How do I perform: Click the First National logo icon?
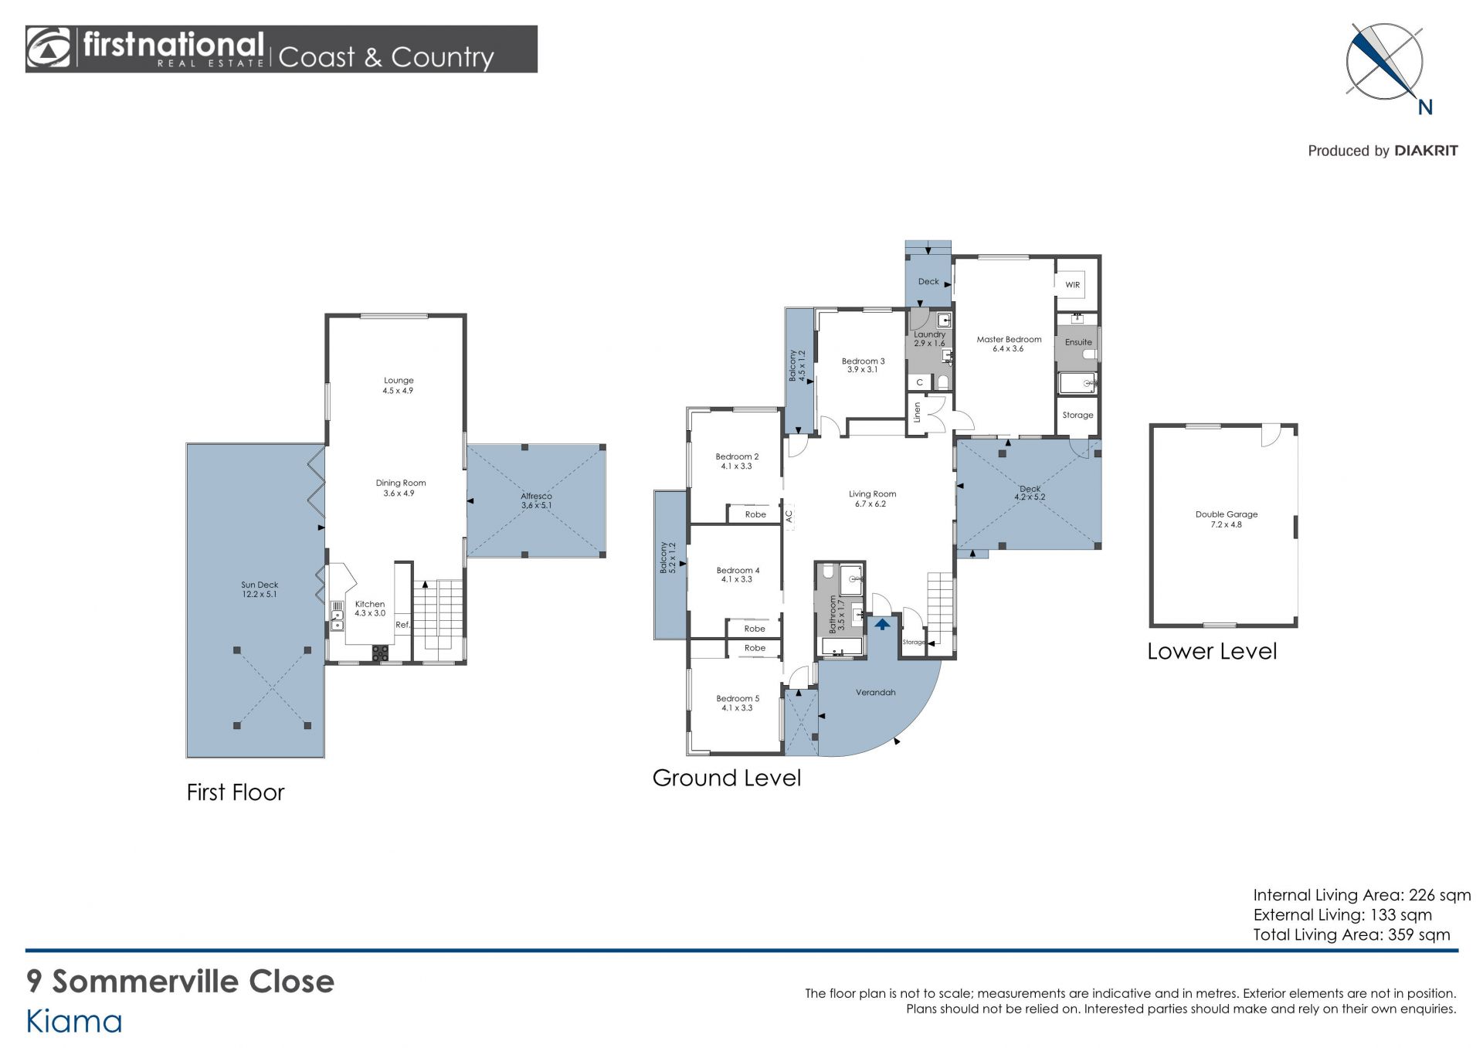(x=48, y=48)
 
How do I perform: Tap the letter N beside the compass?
(x=1425, y=107)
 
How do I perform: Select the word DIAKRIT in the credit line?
(x=1426, y=151)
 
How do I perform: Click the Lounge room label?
(x=399, y=381)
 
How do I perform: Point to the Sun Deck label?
(x=260, y=585)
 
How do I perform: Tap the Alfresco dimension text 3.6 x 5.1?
(x=536, y=506)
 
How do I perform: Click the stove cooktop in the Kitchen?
(x=381, y=653)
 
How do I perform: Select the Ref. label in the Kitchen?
(x=402, y=625)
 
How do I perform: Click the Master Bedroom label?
(x=1009, y=339)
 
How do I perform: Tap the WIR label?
(x=1073, y=285)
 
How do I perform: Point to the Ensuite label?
(x=1078, y=342)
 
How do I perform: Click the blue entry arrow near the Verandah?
(x=882, y=623)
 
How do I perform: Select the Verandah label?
(x=875, y=693)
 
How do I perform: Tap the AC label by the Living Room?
(x=789, y=516)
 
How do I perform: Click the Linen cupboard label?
(x=918, y=412)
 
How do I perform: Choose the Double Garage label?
(x=1227, y=514)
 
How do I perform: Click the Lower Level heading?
(x=1212, y=652)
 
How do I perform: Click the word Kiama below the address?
(x=74, y=1022)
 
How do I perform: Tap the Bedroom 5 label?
(x=738, y=699)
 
